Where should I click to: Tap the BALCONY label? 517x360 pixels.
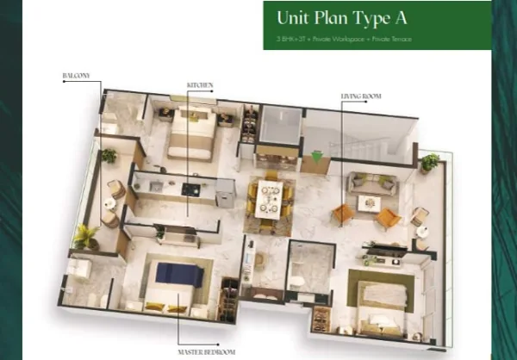(x=75, y=76)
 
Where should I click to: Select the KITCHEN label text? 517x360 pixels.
(x=199, y=84)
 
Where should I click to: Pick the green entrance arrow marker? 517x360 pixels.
(x=318, y=157)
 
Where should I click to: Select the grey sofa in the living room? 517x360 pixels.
(x=371, y=183)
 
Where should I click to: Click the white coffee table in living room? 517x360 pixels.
(x=370, y=203)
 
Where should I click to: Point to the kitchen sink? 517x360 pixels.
(x=155, y=184)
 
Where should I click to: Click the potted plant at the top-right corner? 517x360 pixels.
(x=429, y=161)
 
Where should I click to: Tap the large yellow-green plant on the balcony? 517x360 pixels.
(x=85, y=234)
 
